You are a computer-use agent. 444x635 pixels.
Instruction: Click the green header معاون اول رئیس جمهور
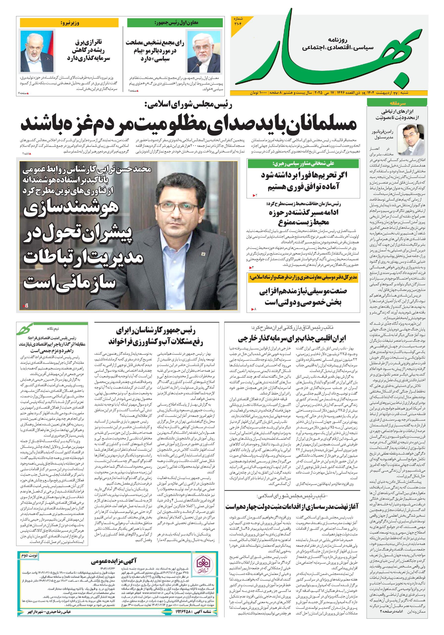(175, 23)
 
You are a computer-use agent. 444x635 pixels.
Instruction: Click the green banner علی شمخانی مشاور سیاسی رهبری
(303, 164)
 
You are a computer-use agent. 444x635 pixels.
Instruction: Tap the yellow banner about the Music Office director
(303, 277)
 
